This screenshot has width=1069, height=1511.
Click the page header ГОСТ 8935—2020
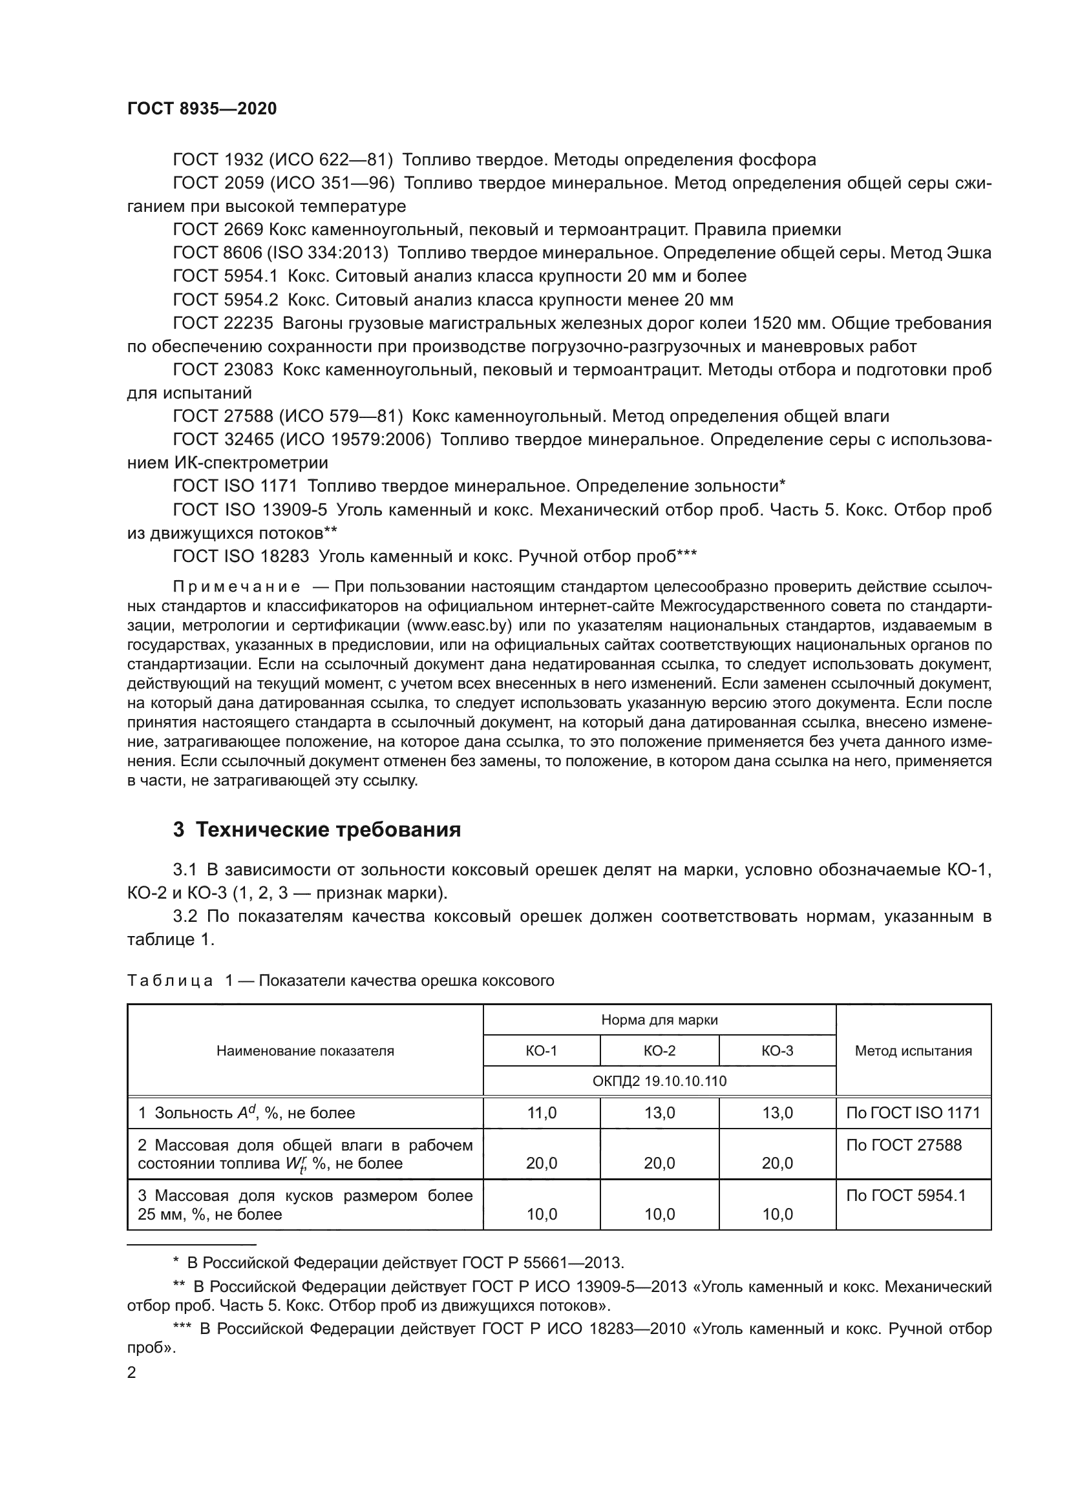(x=202, y=109)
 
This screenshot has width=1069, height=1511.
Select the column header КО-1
(x=541, y=1050)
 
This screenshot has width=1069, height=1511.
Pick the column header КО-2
(x=660, y=1050)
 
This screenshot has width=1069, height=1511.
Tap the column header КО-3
(x=778, y=1050)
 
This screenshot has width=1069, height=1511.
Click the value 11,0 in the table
(x=541, y=1113)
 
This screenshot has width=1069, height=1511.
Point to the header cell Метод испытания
(x=913, y=1050)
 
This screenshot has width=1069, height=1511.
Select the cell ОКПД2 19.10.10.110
(x=660, y=1081)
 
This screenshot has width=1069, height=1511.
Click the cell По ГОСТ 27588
(x=904, y=1145)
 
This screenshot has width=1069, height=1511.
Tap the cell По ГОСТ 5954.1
(x=905, y=1196)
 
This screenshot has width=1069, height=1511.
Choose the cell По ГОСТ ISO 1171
(x=913, y=1113)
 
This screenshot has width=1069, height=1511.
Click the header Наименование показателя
(x=305, y=1050)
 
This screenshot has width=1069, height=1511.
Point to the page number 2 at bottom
(x=132, y=1373)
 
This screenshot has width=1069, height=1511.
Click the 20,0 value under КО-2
(x=660, y=1163)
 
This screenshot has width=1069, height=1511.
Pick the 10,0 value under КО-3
(x=778, y=1214)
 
